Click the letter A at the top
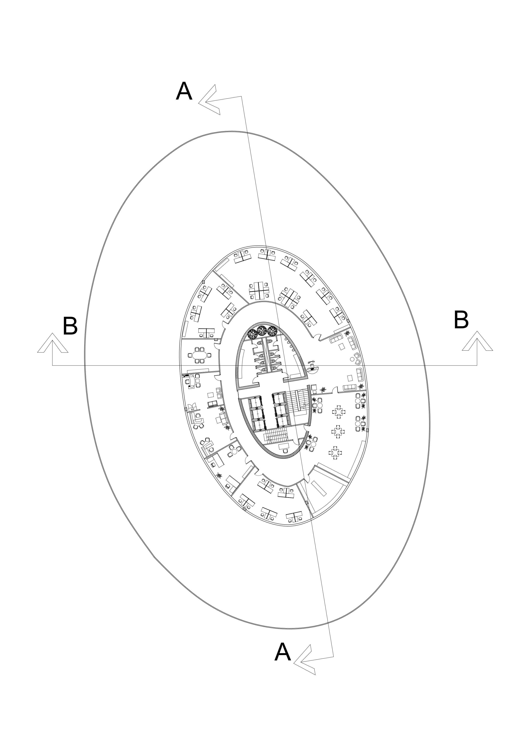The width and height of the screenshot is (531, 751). coord(184,92)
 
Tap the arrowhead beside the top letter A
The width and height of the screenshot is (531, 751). coord(209,100)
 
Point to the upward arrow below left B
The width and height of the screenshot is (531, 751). coord(53,343)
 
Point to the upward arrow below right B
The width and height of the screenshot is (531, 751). coord(477,341)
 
